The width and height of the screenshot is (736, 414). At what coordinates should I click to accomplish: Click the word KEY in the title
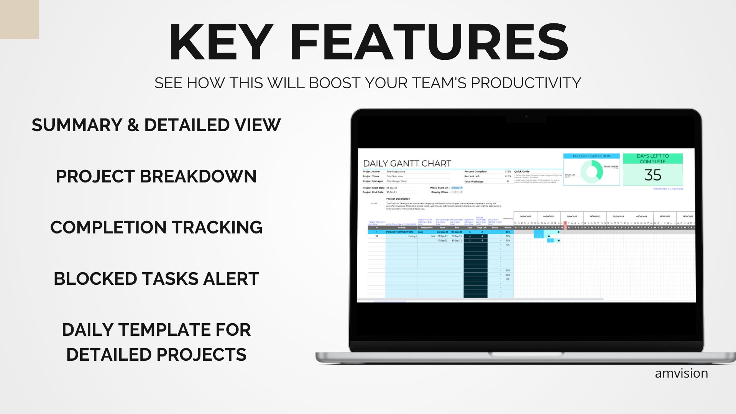[x=220, y=42]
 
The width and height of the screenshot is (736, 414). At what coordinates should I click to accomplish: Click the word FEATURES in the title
[x=429, y=42]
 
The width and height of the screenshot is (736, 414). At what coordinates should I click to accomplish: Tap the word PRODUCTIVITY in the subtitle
[x=526, y=83]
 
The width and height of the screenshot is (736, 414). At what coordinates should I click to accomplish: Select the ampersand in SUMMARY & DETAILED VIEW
[x=133, y=125]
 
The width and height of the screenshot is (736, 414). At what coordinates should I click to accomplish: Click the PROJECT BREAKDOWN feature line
[x=156, y=176]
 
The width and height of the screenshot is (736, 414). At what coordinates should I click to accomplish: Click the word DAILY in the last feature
[x=87, y=330]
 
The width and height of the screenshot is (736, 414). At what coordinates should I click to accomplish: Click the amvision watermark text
[x=681, y=373]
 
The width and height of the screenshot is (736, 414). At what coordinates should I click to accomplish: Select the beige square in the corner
[x=19, y=19]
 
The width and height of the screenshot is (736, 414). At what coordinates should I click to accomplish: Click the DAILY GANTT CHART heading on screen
[x=407, y=164]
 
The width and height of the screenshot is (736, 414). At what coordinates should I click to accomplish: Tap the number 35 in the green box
[x=652, y=175]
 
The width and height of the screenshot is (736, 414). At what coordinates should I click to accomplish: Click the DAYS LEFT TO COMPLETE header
[x=652, y=159]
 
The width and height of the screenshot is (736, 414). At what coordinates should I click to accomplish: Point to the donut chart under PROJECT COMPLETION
[x=591, y=172]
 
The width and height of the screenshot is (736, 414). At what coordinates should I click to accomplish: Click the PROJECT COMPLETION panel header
[x=591, y=156]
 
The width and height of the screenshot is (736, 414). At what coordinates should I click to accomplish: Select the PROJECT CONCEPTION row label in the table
[x=399, y=232]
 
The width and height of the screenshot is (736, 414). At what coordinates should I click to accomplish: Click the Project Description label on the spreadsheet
[x=398, y=199]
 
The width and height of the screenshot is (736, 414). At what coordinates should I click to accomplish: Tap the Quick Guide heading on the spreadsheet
[x=521, y=172]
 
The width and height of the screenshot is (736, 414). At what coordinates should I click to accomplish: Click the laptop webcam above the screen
[x=526, y=116]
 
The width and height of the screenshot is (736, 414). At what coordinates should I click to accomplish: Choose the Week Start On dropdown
[x=457, y=188]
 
